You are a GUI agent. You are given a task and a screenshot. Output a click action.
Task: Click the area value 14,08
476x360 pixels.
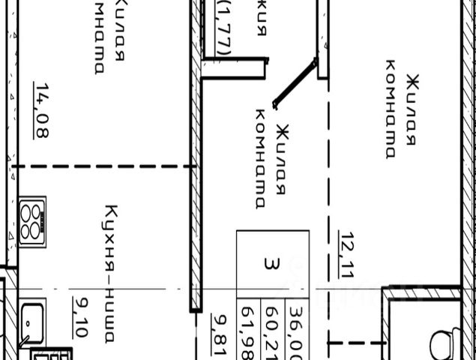click(41, 110)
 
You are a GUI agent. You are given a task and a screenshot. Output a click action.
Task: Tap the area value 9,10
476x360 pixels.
click(79, 317)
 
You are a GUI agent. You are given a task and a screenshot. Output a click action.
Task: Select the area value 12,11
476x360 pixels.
click(346, 255)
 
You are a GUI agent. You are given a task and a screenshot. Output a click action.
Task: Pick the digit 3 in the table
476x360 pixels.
click(271, 263)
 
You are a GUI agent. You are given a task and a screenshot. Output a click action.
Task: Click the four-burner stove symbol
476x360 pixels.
click(32, 221)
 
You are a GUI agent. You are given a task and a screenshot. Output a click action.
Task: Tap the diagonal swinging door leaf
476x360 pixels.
click(295, 84)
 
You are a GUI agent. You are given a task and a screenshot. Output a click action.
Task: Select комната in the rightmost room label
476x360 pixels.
click(390, 109)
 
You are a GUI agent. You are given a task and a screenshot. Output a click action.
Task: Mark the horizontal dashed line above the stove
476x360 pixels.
click(105, 166)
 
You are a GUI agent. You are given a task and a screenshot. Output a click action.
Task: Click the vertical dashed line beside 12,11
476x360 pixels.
click(328, 225)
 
